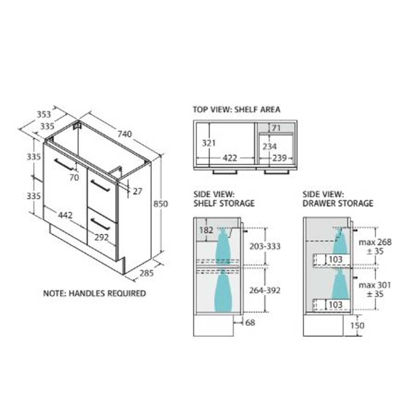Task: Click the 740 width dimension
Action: [125, 134]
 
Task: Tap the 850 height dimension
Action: [160, 204]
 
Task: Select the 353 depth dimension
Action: [44, 114]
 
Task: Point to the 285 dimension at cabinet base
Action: [146, 273]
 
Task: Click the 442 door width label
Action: [65, 215]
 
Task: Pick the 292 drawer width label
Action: [102, 237]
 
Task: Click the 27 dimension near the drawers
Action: [137, 191]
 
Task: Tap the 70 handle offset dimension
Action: [74, 177]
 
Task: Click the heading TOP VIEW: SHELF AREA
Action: [236, 110]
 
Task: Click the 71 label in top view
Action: [276, 128]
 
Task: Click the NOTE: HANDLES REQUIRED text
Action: [94, 293]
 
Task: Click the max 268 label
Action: [375, 242]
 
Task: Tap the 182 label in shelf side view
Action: [206, 230]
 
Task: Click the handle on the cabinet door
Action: [64, 164]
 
